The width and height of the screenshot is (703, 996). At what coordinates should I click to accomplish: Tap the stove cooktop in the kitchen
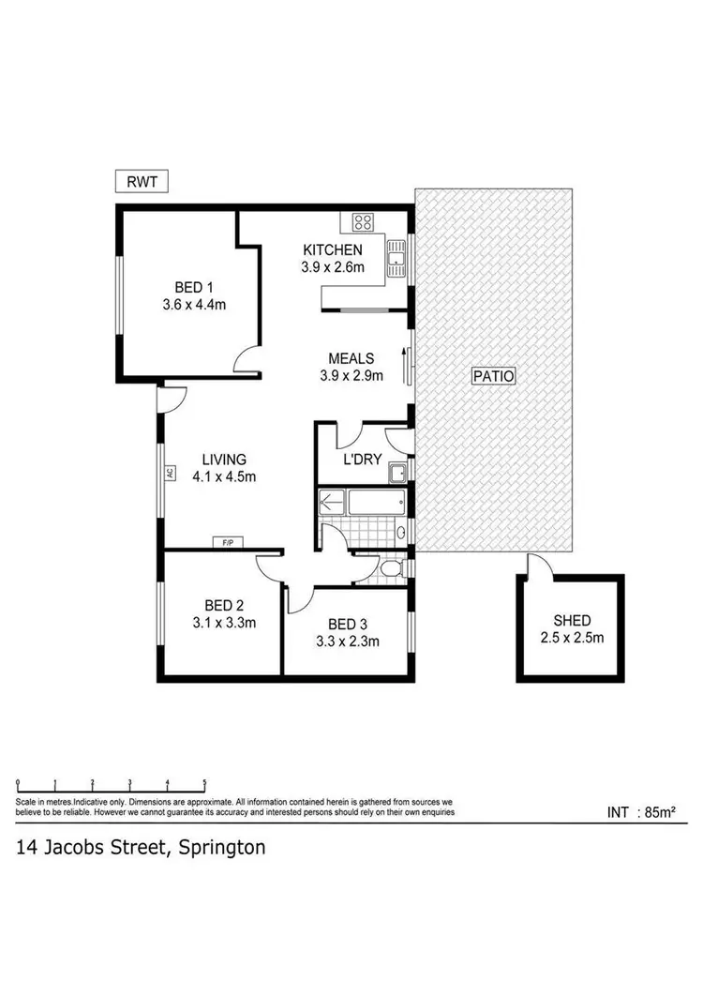click(x=363, y=222)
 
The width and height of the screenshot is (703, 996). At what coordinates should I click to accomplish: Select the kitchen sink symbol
click(x=396, y=257)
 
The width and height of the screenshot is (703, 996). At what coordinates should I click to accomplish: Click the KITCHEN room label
click(x=332, y=250)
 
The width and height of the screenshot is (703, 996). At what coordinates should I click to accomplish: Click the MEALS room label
click(x=351, y=358)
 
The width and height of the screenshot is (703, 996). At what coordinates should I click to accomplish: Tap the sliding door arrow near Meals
click(x=404, y=364)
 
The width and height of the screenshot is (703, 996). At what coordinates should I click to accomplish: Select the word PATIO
click(x=495, y=376)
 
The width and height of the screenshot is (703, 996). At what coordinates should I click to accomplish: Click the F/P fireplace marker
click(x=226, y=542)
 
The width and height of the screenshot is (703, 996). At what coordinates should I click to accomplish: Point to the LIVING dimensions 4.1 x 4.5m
click(x=224, y=476)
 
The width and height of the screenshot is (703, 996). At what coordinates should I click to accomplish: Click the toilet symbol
click(x=392, y=569)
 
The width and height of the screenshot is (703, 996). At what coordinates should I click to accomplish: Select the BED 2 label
click(x=224, y=605)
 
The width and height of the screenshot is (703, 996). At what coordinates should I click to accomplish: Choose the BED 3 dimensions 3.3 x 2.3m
click(x=347, y=642)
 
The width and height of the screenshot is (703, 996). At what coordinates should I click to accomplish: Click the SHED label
click(x=572, y=621)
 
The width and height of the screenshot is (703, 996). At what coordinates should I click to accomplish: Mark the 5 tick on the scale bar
click(x=204, y=782)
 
